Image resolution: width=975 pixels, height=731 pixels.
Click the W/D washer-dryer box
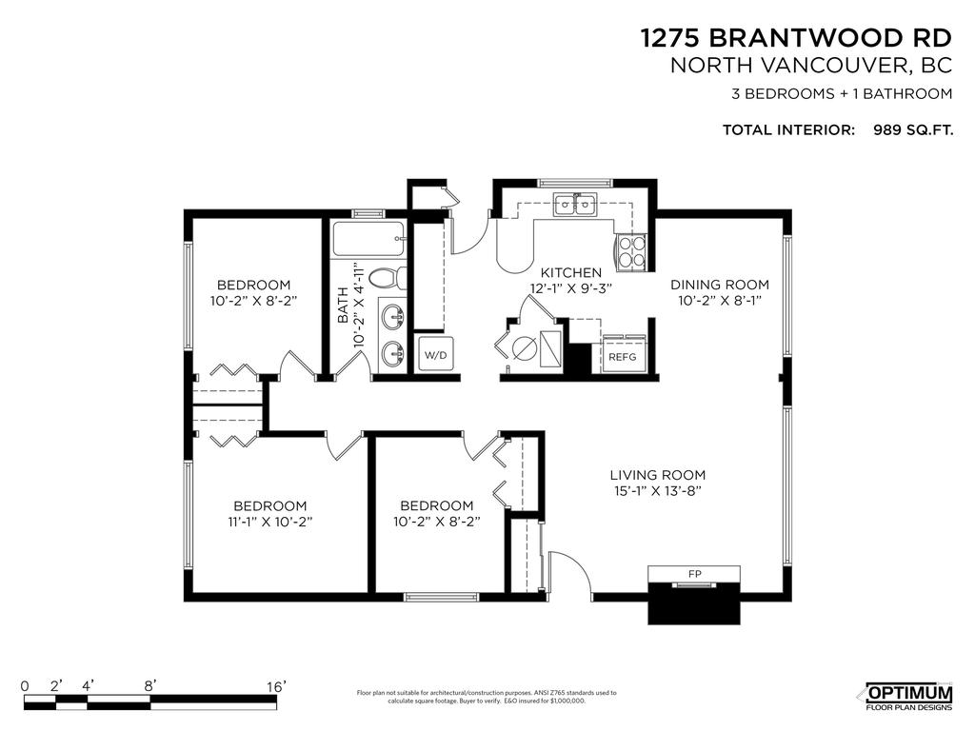[434, 355]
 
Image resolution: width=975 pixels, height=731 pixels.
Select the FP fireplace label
[693, 574]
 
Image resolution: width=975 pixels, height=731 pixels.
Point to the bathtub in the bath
[368, 240]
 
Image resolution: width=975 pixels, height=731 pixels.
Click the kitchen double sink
[576, 204]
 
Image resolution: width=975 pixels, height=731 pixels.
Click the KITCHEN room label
[571, 272]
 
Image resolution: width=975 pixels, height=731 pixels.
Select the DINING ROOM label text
[719, 285]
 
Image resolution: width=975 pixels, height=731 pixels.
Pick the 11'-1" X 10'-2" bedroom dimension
[271, 522]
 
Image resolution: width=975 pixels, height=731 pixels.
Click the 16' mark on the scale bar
[277, 685]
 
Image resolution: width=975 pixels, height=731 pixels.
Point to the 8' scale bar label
[150, 685]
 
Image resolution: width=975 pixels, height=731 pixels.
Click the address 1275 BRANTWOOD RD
[796, 37]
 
